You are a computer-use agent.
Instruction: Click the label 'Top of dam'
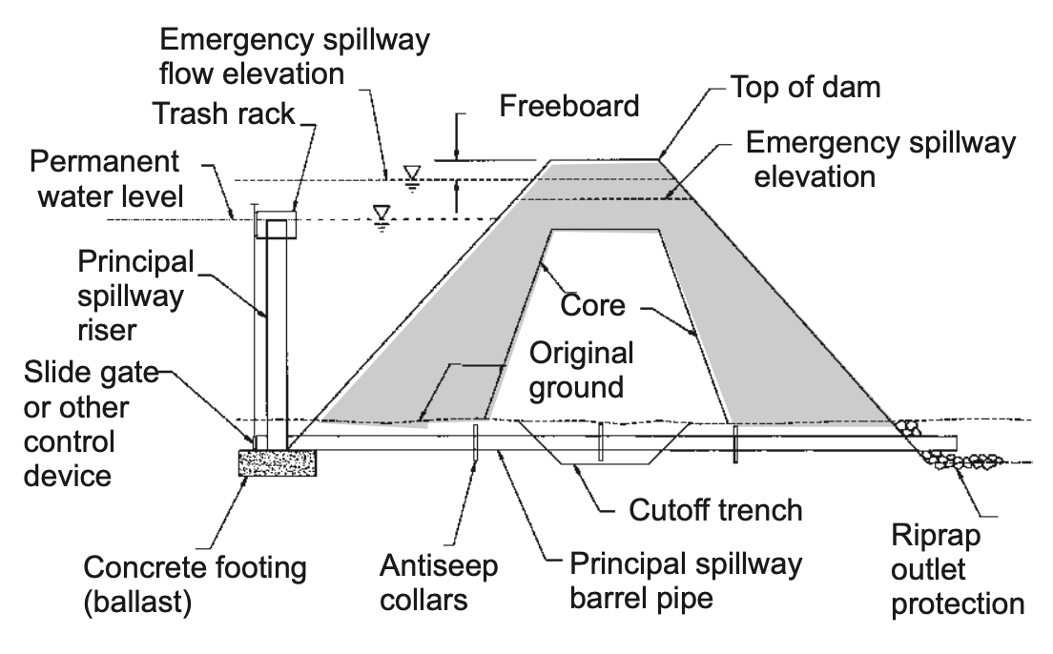[x=805, y=87]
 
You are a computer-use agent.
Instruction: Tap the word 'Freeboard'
[x=569, y=105]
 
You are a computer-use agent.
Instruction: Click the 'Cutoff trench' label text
[x=714, y=509]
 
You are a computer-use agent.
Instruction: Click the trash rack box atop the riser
[x=276, y=224]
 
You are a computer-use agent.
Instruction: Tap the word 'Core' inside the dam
[x=592, y=306]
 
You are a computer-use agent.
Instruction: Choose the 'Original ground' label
[x=581, y=370]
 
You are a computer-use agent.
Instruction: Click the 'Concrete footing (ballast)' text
[x=196, y=584]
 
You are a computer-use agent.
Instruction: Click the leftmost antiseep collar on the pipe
[x=473, y=443]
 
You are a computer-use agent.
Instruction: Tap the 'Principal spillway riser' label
[x=131, y=296]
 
